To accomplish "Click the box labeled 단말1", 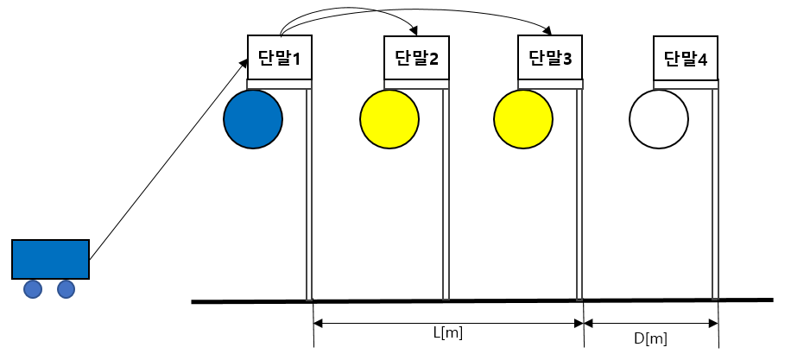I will [279, 58].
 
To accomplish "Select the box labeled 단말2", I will [415, 58].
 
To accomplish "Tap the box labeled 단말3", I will [550, 58].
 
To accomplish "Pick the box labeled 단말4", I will [686, 58].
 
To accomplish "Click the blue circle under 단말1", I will [253, 120].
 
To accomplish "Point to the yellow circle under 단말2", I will [389, 120].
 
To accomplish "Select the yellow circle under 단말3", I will [523, 120].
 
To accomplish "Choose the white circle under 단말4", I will [659, 120].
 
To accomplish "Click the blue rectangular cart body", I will [50, 259].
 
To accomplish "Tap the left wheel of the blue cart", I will [33, 289].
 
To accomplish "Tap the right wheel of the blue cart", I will [66, 289].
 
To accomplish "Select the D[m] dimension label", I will [650, 338].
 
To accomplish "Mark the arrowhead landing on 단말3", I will [549, 33].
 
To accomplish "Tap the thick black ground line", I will [484, 300].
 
